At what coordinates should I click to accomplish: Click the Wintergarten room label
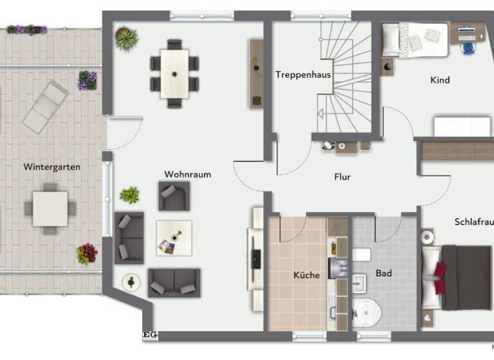tap(52, 166)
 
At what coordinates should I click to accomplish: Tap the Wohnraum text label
tap(187, 174)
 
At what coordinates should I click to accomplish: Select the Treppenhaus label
tap(303, 75)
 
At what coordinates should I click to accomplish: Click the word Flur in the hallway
tap(342, 177)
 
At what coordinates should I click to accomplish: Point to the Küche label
tap(306, 275)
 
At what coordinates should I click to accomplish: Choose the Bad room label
tap(384, 274)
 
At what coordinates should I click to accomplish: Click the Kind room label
tap(440, 80)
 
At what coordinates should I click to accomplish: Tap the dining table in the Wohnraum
tap(174, 73)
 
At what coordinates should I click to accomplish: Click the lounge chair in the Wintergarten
tap(45, 107)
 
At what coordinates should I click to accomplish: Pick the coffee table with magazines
tap(174, 238)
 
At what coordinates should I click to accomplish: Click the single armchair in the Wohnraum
tap(174, 195)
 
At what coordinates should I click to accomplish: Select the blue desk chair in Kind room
tap(468, 48)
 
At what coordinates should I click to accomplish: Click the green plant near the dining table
tap(126, 38)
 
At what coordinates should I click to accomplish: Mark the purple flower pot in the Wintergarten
tap(87, 80)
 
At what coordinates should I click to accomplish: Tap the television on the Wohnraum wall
tap(256, 258)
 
